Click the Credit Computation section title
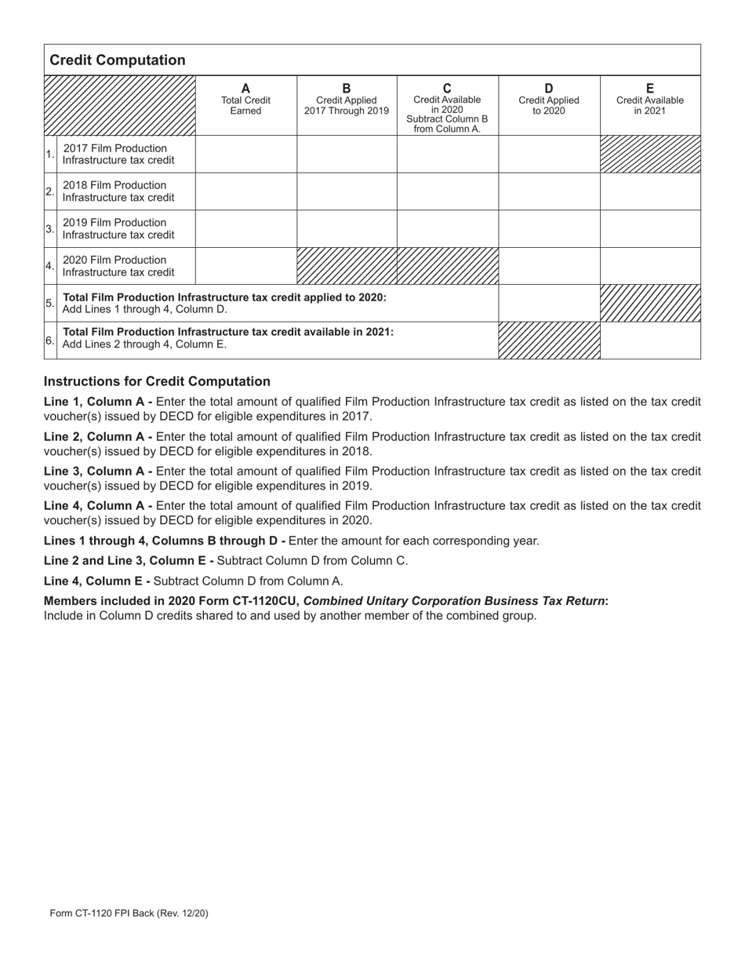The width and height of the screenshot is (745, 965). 118,60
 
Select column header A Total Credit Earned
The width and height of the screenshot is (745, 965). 245,100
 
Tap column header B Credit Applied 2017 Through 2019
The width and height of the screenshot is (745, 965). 347,100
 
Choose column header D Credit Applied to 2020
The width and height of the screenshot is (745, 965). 549,100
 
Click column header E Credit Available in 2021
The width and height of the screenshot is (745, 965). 649,100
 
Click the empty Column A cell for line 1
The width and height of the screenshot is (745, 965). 245,154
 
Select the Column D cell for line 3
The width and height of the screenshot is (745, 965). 549,228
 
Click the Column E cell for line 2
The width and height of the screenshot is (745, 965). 650,191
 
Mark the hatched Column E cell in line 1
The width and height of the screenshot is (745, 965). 650,154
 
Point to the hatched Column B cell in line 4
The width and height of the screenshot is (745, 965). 347,266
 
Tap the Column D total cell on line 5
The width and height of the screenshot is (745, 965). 549,303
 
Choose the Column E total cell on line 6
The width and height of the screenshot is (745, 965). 650,340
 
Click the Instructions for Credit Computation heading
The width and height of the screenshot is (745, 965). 157,381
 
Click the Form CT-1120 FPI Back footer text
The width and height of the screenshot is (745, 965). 129,913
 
